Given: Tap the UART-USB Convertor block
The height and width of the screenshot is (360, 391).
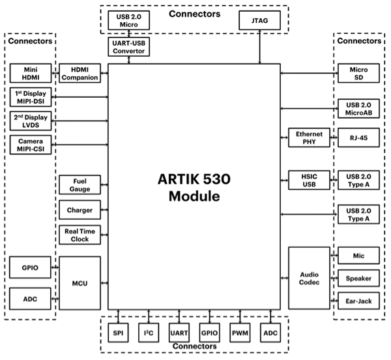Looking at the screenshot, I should tap(129, 48).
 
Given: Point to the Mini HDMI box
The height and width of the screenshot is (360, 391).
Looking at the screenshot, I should tap(30, 74).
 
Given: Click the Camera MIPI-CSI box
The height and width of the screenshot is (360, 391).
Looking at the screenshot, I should tap(30, 145).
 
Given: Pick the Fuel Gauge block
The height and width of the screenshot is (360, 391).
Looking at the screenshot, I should tap(80, 185).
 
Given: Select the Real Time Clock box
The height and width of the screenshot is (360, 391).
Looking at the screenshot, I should tap(80, 234).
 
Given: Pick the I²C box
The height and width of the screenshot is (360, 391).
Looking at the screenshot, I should tap(148, 333).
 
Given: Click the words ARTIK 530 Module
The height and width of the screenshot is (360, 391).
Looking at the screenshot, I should tap(194, 187).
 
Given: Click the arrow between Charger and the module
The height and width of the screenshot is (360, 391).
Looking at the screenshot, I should tap(104, 210).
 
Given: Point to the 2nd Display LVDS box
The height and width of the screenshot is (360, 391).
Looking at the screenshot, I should tap(30, 121).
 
